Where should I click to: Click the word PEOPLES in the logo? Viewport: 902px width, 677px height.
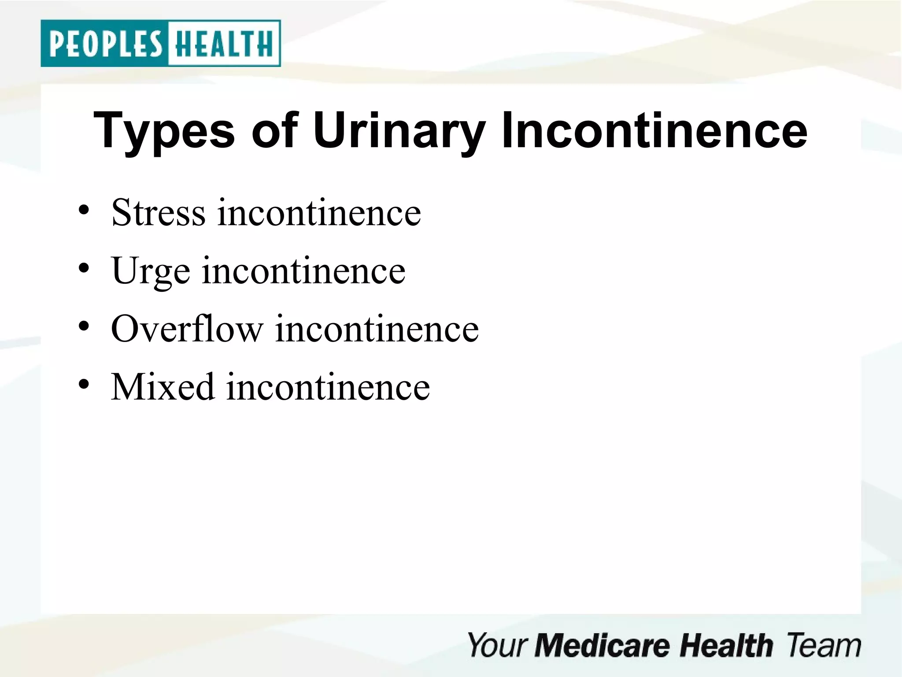(106, 44)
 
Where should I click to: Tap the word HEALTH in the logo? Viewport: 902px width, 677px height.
(224, 44)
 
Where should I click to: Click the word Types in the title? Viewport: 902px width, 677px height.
(164, 131)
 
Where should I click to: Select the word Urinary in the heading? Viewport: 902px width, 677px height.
(399, 131)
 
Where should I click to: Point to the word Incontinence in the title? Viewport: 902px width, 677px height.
(654, 130)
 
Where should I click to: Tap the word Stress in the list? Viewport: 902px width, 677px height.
(159, 213)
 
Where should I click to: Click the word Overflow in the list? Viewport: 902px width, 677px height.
(187, 329)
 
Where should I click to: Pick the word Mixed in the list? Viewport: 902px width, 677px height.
(163, 387)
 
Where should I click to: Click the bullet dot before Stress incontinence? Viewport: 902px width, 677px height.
(84, 210)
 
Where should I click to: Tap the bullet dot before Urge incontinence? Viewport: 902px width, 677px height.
(84, 268)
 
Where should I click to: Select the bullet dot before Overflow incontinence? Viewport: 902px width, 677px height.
(84, 327)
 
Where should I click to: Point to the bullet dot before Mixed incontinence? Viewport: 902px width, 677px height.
(84, 384)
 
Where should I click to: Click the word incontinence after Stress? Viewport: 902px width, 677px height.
(319, 213)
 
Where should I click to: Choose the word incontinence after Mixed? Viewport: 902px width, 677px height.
(328, 387)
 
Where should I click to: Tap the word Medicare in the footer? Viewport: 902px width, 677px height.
(602, 646)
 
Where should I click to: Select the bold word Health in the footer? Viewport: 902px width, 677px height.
(726, 646)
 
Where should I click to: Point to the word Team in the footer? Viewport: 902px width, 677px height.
(823, 646)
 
